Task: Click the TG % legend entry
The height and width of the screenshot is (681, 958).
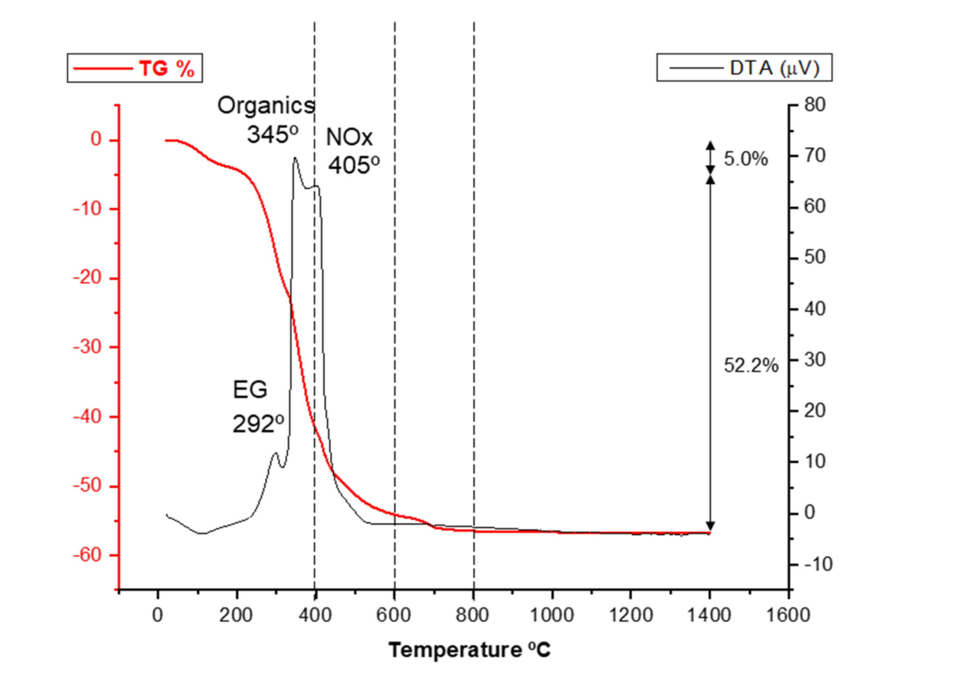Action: coord(134,68)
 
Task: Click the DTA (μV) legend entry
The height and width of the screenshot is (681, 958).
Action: coord(744,67)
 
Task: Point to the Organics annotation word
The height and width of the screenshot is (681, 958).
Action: coord(266,105)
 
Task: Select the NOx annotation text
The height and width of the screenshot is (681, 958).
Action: coord(349,137)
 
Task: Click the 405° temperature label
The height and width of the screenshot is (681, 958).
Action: coord(354,165)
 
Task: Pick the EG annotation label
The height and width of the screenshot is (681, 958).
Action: coord(250,390)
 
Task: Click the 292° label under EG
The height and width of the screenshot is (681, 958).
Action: coord(258,424)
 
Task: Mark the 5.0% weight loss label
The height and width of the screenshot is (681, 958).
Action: coord(746,159)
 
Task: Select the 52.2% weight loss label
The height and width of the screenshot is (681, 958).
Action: coord(751,365)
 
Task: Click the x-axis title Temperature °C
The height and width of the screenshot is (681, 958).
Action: coord(469,650)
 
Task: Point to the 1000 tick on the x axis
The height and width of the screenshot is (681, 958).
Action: coord(552,615)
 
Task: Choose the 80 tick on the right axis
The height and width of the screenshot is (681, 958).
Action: coord(815,105)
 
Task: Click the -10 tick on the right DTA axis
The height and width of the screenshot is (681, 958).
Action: coord(818,565)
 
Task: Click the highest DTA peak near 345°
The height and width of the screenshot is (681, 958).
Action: coord(295,158)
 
